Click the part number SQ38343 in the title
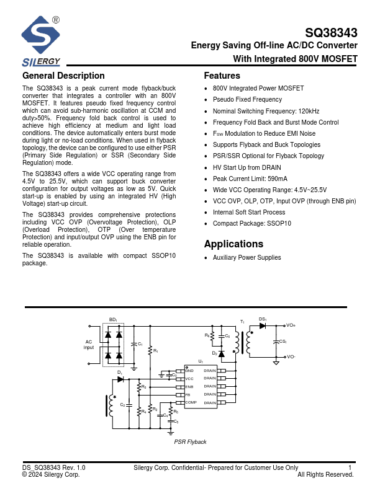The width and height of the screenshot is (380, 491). coord(331,33)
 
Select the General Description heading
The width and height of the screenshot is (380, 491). coord(63,76)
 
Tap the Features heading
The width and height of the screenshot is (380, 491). coord(222,76)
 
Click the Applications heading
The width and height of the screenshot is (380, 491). coord(233,244)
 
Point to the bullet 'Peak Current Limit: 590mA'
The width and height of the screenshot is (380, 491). coord(250,179)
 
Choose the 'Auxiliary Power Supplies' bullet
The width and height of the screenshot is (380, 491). coord(247,257)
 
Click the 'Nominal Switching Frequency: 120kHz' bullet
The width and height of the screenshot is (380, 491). coord(266,111)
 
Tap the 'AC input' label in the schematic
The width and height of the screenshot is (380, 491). coord(89,344)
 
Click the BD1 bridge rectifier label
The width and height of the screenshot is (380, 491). coord(113,319)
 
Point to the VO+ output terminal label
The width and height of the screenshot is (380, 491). coord(291,325)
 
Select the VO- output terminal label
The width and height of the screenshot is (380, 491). coord(291,357)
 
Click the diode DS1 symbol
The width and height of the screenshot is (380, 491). coord(263,325)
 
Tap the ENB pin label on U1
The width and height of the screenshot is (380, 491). coord(189,386)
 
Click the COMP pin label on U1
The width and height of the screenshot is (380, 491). coord(191,402)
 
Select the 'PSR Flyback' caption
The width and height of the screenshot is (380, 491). coord(190,441)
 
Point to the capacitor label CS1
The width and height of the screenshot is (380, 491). coord(283,342)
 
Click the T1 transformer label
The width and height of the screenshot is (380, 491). coord(242,322)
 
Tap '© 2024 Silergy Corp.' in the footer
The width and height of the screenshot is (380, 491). coord(51,474)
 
